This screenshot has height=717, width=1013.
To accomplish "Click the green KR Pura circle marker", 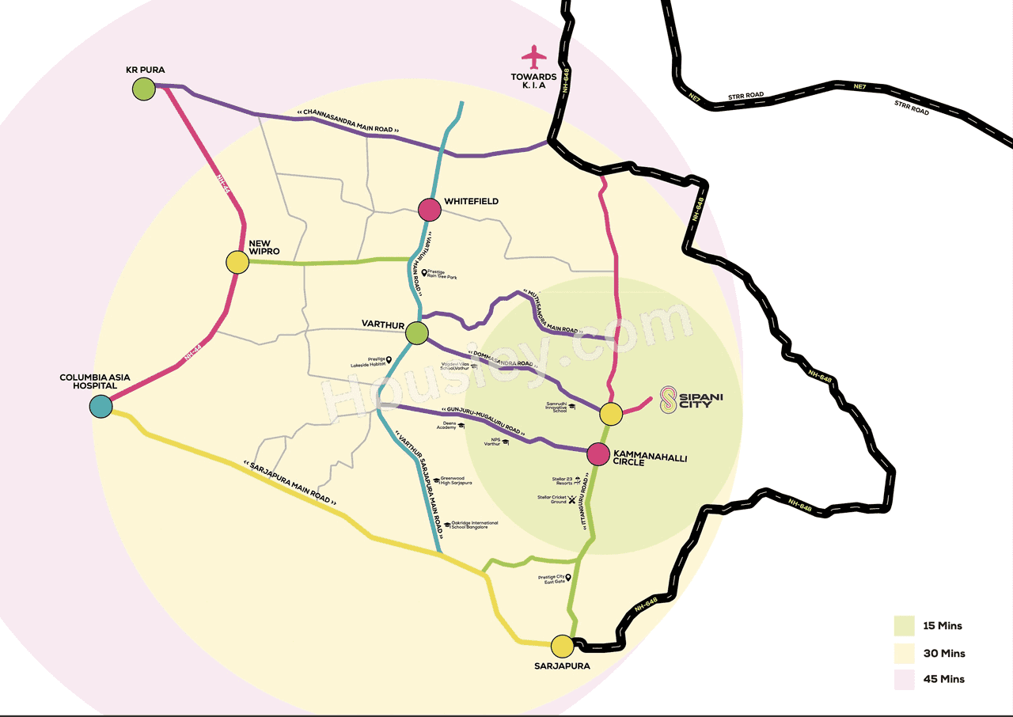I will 143,89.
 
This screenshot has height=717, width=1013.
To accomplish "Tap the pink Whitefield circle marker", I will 429,210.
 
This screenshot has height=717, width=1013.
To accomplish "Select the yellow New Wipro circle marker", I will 237,262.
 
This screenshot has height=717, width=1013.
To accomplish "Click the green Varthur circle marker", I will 417,333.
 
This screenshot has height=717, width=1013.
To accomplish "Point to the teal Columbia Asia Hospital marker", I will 101,406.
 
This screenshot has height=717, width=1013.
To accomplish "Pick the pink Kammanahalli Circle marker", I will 599,453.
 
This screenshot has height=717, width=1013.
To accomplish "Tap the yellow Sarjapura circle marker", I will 563,647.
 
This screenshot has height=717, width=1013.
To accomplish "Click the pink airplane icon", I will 534,57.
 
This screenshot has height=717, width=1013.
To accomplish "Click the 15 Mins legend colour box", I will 905,626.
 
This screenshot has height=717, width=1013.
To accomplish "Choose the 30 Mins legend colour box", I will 905,653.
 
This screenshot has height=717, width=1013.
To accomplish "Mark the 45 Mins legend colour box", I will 905,679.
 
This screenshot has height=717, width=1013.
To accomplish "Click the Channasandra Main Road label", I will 348,121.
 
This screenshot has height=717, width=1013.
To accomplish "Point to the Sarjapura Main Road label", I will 291,483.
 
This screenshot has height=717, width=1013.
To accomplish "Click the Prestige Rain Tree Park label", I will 444,275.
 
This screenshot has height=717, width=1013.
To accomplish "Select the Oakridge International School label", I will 474,525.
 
